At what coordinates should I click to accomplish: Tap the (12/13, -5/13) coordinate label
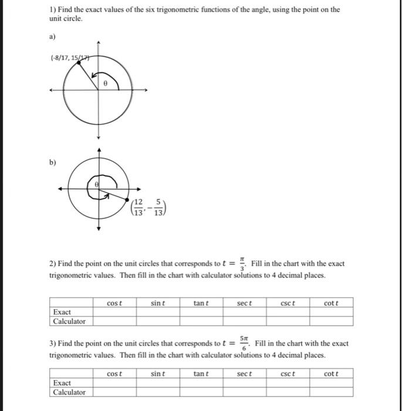click(148, 207)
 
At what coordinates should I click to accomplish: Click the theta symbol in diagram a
click(105, 83)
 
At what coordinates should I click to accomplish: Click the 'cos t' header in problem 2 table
click(114, 303)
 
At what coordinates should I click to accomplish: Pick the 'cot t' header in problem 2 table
click(331, 303)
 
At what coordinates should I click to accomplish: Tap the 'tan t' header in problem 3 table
click(201, 373)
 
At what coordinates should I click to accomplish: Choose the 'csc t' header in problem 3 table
click(288, 373)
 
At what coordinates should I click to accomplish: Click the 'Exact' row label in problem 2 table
click(62, 312)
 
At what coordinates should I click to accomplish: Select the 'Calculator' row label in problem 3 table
click(69, 392)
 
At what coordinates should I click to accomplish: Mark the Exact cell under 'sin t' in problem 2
click(158, 312)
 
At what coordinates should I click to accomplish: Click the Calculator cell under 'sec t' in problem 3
click(244, 392)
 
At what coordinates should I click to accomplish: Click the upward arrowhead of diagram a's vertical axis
click(99, 42)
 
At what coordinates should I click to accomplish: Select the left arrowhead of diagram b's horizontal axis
click(59, 188)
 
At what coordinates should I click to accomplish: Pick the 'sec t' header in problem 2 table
click(244, 303)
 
